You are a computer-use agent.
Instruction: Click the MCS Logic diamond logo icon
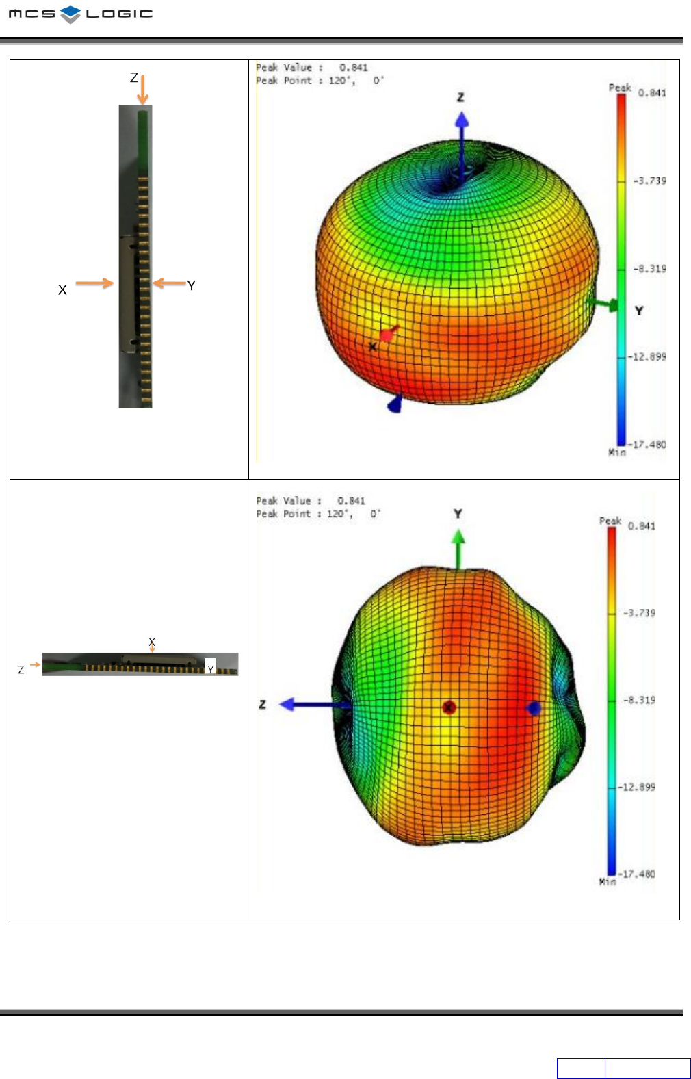pyautogui.click(x=70, y=14)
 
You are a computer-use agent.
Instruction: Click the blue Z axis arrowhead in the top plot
pyautogui.click(x=462, y=120)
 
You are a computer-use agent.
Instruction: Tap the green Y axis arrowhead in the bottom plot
pyautogui.click(x=458, y=536)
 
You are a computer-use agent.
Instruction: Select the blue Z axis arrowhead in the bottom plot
pyautogui.click(x=287, y=704)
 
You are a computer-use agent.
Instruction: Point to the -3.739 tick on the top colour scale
pyautogui.click(x=649, y=181)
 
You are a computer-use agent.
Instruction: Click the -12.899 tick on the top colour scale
pyautogui.click(x=647, y=356)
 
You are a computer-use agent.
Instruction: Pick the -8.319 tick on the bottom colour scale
pyautogui.click(x=639, y=700)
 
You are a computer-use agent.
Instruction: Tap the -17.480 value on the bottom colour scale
pyautogui.click(x=636, y=874)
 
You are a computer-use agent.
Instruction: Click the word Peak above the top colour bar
pyautogui.click(x=620, y=88)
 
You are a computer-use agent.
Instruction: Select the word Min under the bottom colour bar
pyautogui.click(x=608, y=881)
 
